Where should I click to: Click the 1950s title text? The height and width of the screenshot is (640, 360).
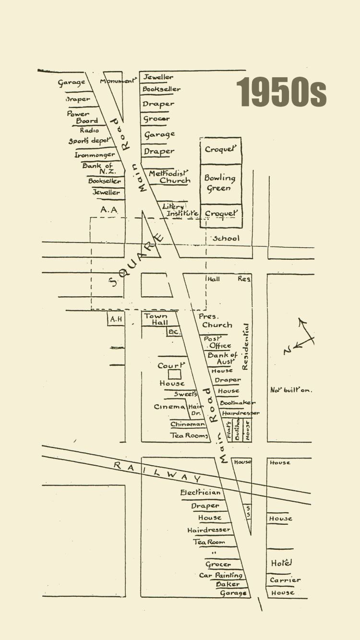click(281, 92)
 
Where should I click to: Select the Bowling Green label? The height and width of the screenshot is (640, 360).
click(220, 183)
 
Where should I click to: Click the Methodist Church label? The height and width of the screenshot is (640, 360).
click(169, 177)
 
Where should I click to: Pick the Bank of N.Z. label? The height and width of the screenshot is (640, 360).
click(98, 169)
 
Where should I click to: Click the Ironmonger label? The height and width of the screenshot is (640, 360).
click(95, 155)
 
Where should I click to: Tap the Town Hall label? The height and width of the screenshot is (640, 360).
click(156, 319)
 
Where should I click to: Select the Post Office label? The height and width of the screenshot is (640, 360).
click(219, 342)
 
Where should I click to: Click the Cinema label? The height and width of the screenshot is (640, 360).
click(169, 407)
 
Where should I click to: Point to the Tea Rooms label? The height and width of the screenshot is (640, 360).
click(190, 435)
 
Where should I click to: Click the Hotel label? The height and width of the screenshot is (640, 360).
click(282, 563)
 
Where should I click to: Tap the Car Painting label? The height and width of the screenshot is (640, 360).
click(221, 575)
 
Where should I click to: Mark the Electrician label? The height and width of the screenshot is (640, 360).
click(201, 493)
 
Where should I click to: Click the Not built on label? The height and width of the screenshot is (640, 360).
click(291, 390)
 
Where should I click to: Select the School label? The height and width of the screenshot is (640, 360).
click(226, 238)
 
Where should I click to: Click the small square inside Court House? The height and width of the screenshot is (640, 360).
click(175, 374)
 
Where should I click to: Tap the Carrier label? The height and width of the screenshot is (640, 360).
click(285, 580)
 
